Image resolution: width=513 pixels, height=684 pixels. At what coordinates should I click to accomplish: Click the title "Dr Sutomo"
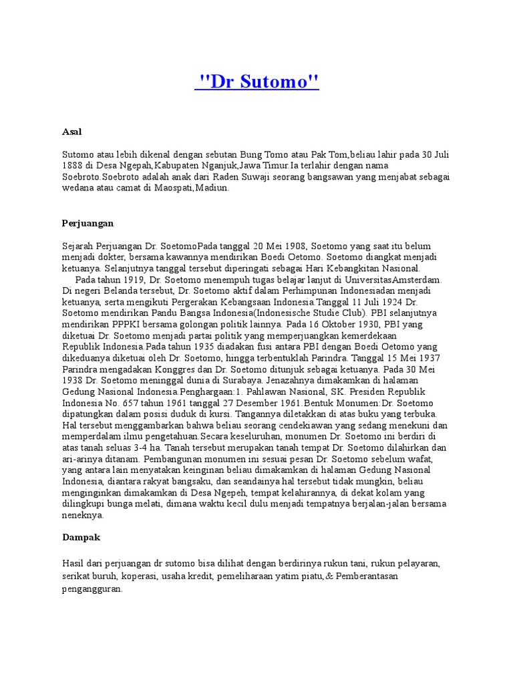coord(256,83)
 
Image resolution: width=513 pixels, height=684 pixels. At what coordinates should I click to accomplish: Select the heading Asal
coord(72,132)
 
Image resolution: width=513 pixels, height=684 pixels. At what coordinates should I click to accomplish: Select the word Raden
coord(227,176)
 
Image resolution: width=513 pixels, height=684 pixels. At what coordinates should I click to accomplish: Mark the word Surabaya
coord(212,380)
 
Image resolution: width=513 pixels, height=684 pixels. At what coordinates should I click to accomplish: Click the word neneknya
coord(83,515)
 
